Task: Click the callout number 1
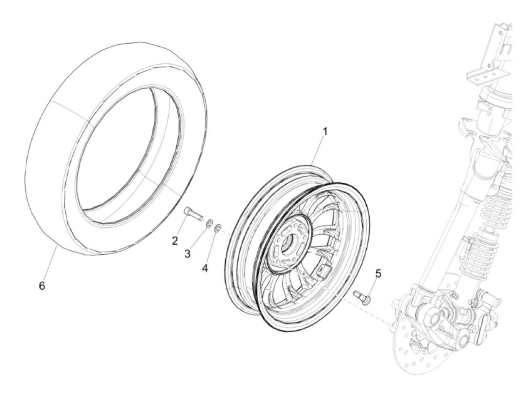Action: click(325, 132)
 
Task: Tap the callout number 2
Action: click(174, 241)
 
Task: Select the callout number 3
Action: click(187, 254)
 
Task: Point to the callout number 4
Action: click(205, 268)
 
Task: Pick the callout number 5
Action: click(378, 273)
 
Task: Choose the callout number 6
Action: click(42, 286)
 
